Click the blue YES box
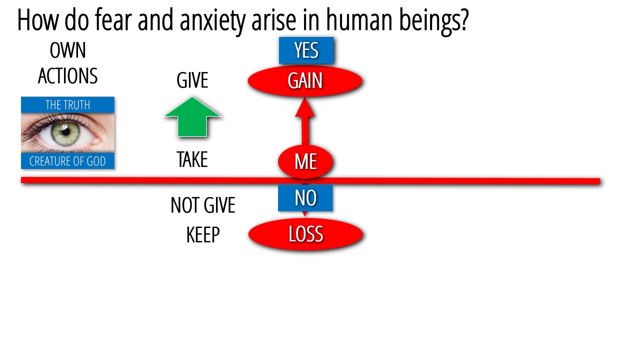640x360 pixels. click(306, 50)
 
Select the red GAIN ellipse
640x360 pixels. click(305, 81)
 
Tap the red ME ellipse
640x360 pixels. click(305, 161)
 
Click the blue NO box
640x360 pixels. click(305, 198)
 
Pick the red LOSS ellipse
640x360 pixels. click(305, 234)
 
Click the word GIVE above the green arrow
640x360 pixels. click(192, 80)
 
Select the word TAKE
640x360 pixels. click(192, 160)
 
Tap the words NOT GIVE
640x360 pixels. click(202, 205)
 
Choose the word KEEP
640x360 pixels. click(202, 235)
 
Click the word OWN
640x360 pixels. click(68, 50)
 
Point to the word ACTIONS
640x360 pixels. click(68, 76)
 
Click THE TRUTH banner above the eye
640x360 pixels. click(68, 105)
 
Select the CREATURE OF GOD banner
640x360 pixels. click(68, 161)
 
